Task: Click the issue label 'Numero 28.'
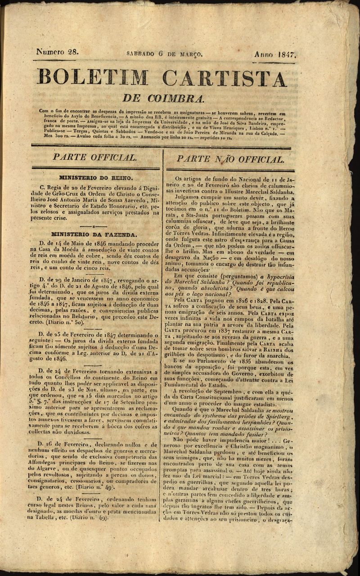pos(57,51)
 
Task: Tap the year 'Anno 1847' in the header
pos(274,54)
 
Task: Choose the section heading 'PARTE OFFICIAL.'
pos(94,157)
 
